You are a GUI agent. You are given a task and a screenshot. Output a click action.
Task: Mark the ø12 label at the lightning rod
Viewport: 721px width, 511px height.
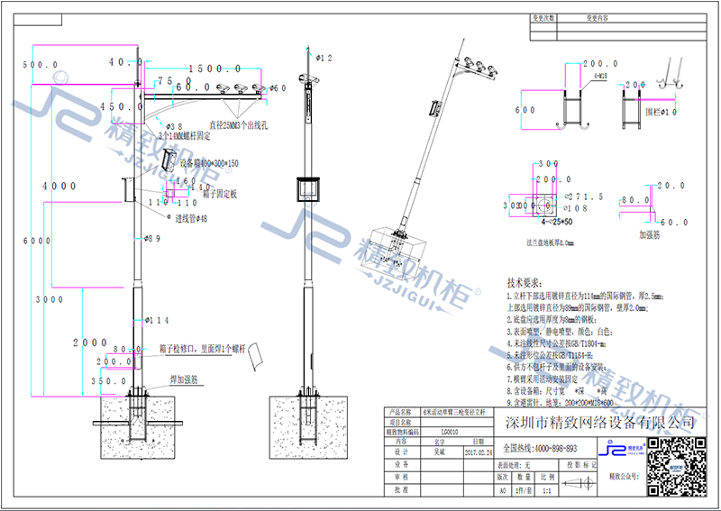point(324,58)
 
